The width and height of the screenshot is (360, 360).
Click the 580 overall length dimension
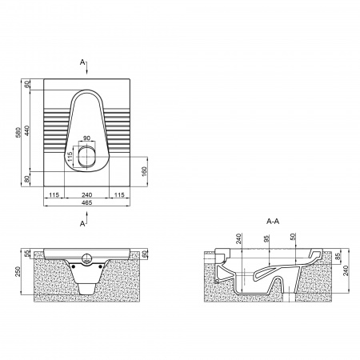click(18, 133)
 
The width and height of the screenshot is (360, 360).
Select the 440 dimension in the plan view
click(26, 130)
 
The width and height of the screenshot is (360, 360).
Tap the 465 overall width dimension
click(86, 202)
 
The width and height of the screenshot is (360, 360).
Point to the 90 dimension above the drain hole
click(86, 138)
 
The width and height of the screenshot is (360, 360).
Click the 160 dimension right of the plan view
click(144, 172)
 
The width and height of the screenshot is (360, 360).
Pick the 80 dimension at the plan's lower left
click(26, 179)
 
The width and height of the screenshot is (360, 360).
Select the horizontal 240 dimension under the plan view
click(86, 195)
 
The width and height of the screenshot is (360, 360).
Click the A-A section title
click(273, 221)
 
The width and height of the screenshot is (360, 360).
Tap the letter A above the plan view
click(82, 62)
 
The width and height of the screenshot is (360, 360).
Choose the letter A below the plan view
click(82, 224)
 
